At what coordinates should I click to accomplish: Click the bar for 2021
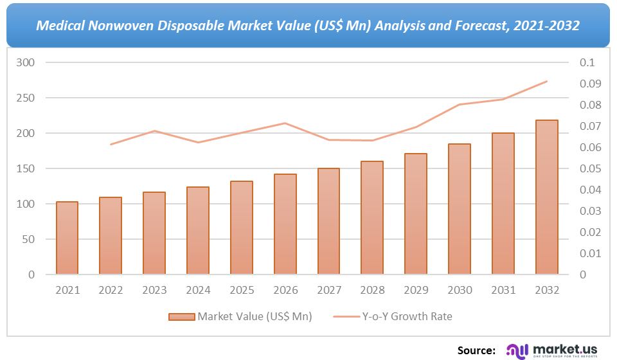click(x=67, y=238)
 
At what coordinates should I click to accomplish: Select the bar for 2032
click(x=546, y=197)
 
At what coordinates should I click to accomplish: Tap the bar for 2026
click(x=285, y=224)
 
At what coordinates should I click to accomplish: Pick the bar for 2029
click(x=415, y=214)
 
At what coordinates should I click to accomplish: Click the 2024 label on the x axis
click(x=198, y=291)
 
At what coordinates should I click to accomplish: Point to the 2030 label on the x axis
click(x=459, y=291)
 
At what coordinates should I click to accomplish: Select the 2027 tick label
click(x=328, y=291)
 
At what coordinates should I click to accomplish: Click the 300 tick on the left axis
click(x=26, y=63)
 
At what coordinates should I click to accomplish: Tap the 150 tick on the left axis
click(x=26, y=169)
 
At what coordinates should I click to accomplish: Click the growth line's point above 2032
click(x=546, y=82)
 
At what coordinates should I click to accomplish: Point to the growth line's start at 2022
click(x=111, y=145)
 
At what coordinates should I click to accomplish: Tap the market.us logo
click(x=553, y=350)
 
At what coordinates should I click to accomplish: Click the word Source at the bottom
click(x=476, y=350)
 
